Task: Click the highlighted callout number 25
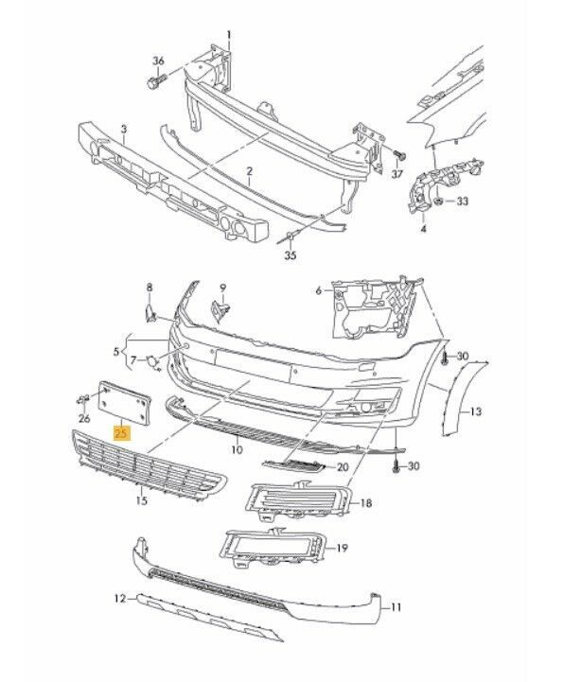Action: pyautogui.click(x=121, y=433)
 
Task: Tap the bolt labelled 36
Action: pyautogui.click(x=156, y=81)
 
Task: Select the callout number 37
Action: pyautogui.click(x=397, y=174)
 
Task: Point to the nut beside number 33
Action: pyautogui.click(x=439, y=201)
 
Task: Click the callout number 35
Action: pyautogui.click(x=291, y=255)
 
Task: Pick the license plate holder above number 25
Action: pyautogui.click(x=125, y=401)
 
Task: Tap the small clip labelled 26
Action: pyautogui.click(x=82, y=399)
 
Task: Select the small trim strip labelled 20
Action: pyautogui.click(x=293, y=465)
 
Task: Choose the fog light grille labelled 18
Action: pyautogui.click(x=296, y=501)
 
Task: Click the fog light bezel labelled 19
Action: pyautogui.click(x=272, y=547)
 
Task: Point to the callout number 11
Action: pyautogui.click(x=396, y=606)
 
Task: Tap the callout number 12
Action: pyautogui.click(x=119, y=599)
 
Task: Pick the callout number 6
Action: pyautogui.click(x=318, y=289)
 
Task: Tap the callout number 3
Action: pyautogui.click(x=124, y=130)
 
